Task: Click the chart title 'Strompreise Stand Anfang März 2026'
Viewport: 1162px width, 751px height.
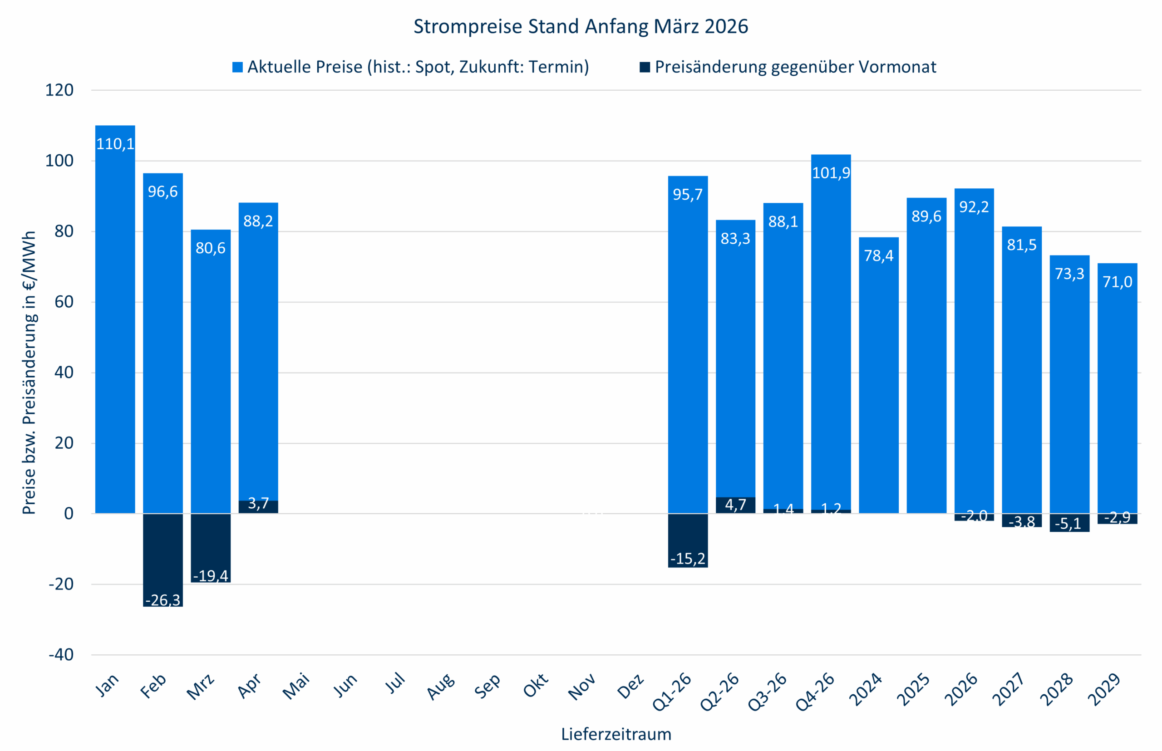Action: [x=581, y=26]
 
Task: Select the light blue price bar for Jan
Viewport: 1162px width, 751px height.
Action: [x=115, y=322]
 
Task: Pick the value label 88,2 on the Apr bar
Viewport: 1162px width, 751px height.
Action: [x=258, y=221]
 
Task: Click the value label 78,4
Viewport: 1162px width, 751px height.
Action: [x=879, y=255]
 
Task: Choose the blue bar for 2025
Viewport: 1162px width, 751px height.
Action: [x=926, y=356]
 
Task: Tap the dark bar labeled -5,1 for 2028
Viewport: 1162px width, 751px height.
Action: [x=1069, y=523]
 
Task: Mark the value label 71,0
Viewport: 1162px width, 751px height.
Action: [x=1118, y=282]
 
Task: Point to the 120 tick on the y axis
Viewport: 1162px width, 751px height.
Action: [x=59, y=90]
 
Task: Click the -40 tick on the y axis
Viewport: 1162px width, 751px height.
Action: [x=61, y=654]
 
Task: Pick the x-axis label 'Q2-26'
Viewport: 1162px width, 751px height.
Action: [x=719, y=691]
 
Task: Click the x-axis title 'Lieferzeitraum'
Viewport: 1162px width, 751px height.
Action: [x=616, y=734]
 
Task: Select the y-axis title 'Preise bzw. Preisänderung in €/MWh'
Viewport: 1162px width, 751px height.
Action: [x=29, y=373]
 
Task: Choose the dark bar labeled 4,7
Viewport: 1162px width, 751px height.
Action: [x=735, y=505]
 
